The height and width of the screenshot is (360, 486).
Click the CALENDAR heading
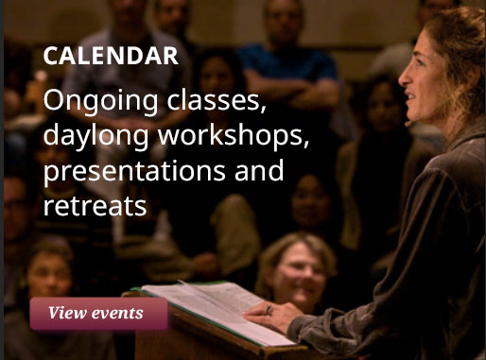click(x=111, y=56)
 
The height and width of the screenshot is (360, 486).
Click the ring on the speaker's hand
click(x=269, y=308)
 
